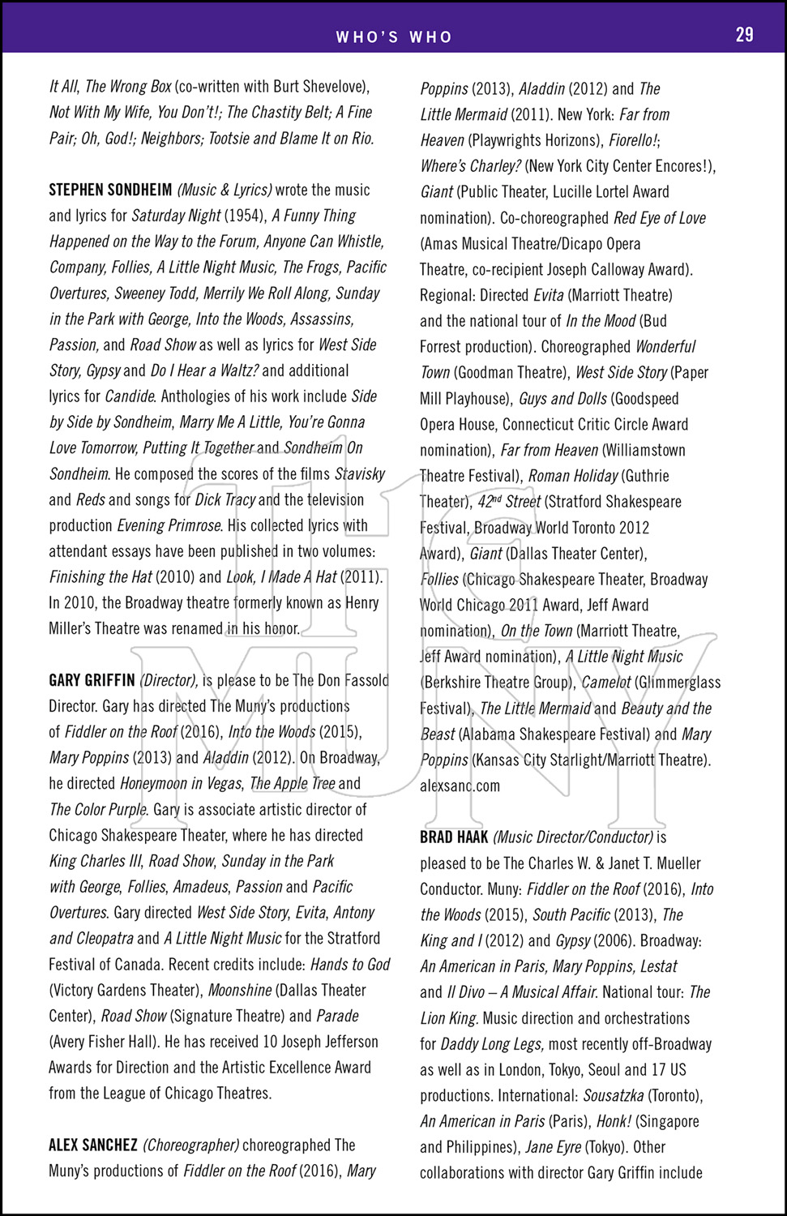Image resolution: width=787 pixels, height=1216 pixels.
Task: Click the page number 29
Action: pos(744,34)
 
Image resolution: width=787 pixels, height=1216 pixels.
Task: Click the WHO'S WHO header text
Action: pos(394,36)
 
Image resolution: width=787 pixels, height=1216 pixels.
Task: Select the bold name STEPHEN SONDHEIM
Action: pos(110,191)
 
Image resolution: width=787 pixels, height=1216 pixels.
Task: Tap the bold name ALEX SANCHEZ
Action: pos(93,1145)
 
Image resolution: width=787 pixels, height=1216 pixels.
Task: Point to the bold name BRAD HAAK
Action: pos(454,837)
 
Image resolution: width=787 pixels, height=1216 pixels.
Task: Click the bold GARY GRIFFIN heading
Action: pos(92,681)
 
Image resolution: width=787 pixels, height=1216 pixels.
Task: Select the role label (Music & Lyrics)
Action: pos(225,191)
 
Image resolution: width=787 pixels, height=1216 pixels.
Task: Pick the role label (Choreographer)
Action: pos(190,1145)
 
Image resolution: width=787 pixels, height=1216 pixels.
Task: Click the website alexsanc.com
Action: pos(460,786)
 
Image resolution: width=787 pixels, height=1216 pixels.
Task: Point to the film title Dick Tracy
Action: pos(225,500)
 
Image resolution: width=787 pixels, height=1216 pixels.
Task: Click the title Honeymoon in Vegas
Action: pos(180,784)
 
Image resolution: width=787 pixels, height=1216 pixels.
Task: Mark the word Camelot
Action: pos(605,683)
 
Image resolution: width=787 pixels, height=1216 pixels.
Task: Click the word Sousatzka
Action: pos(613,1096)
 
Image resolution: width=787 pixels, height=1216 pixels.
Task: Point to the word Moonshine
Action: pos(239,991)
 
